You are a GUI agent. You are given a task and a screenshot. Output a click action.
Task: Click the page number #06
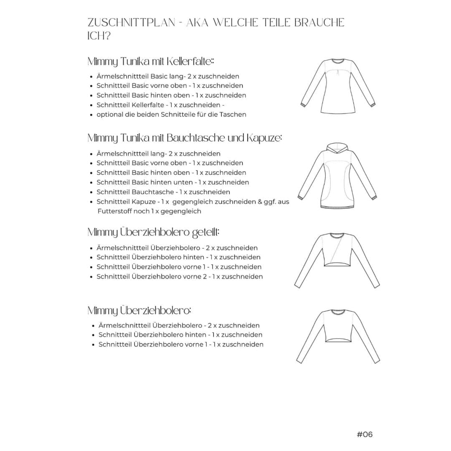[365, 434]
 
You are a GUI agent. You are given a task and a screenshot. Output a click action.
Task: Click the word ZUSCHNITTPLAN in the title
[132, 23]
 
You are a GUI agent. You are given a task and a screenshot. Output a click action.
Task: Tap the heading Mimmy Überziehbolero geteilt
[154, 232]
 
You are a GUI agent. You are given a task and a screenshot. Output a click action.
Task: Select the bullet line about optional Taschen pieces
[171, 114]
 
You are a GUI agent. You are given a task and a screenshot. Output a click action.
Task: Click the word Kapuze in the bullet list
[144, 202]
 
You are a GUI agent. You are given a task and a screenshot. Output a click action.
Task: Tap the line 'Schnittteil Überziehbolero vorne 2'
[180, 276]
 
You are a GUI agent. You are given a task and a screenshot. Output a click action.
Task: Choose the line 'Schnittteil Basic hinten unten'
[172, 182]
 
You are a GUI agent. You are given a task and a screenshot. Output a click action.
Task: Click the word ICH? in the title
[99, 36]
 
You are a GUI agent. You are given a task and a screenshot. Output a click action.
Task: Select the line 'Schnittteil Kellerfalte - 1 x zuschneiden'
[160, 105]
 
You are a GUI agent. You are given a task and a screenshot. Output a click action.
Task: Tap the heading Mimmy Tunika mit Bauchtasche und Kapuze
[185, 138]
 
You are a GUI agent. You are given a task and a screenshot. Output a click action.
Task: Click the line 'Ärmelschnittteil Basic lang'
[167, 76]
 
